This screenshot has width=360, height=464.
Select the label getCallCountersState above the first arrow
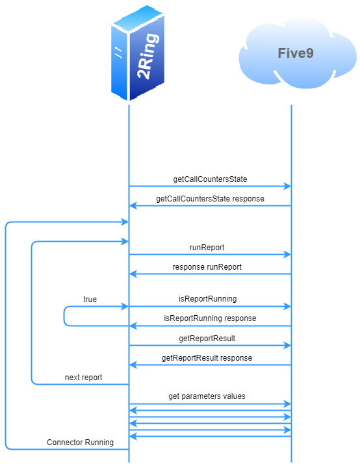click(210, 179)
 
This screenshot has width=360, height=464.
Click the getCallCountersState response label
click(210, 198)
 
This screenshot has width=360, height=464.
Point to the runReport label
click(207, 247)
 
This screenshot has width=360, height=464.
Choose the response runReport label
click(207, 266)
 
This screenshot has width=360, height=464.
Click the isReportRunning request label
click(207, 299)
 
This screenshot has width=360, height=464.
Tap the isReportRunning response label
click(210, 318)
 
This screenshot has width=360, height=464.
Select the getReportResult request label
click(207, 338)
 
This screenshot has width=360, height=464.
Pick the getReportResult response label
click(207, 357)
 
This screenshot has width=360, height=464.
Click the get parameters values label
click(207, 396)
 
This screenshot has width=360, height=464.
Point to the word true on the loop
click(90, 299)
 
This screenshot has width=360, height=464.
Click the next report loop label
click(83, 377)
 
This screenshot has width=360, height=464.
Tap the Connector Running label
click(80, 442)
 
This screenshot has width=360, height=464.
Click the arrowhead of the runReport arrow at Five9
click(287, 255)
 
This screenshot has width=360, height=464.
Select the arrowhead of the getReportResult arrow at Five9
click(287, 346)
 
